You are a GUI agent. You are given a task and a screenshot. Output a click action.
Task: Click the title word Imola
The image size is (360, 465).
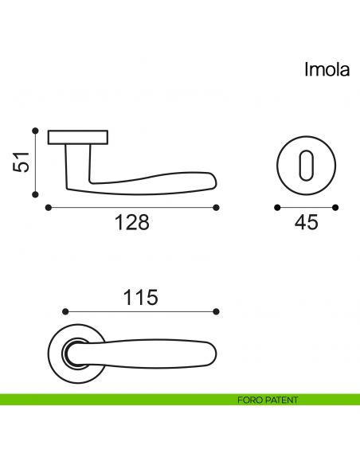point(327,70)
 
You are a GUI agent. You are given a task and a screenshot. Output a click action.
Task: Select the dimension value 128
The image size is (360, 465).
point(132,223)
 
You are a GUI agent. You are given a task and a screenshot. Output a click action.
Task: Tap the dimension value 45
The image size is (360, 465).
point(306,223)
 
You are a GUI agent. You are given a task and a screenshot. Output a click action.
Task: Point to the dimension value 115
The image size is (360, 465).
point(140,298)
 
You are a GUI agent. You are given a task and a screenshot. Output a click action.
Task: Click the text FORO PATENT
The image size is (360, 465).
point(268,400)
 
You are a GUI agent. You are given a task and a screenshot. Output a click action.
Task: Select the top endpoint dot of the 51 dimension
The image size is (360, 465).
point(35,130)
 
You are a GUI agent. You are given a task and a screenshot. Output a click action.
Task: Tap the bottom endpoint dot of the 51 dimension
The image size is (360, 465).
point(35,193)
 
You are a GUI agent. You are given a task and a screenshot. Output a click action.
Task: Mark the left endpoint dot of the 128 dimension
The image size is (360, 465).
point(49,208)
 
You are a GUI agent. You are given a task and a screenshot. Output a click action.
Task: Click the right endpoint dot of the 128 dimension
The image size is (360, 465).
point(217,208)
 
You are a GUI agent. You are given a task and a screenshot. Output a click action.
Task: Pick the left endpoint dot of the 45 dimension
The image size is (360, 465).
point(276,208)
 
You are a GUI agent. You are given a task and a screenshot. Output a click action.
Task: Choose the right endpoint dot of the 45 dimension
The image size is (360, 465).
point(335,208)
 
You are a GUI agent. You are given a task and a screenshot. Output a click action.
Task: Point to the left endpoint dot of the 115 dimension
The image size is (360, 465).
point(65,311)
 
